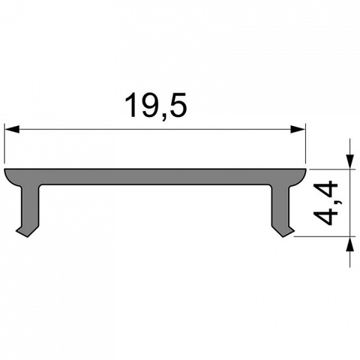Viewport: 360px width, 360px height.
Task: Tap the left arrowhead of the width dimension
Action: (x=12, y=128)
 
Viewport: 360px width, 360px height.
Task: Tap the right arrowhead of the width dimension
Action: (x=298, y=128)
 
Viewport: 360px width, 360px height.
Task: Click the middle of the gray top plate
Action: (x=155, y=176)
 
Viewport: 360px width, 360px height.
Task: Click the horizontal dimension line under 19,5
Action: (x=155, y=128)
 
